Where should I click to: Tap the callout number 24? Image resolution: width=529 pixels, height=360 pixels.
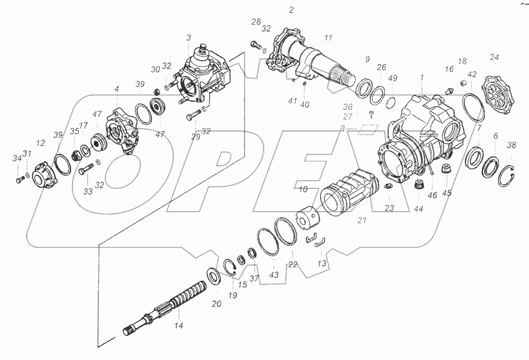point(494,57)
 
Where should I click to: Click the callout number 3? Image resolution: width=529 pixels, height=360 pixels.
point(188,37)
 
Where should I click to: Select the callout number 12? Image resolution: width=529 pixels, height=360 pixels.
point(40,144)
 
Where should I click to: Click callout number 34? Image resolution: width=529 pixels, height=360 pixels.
point(16,157)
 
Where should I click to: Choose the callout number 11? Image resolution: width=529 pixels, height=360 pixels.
point(329,38)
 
